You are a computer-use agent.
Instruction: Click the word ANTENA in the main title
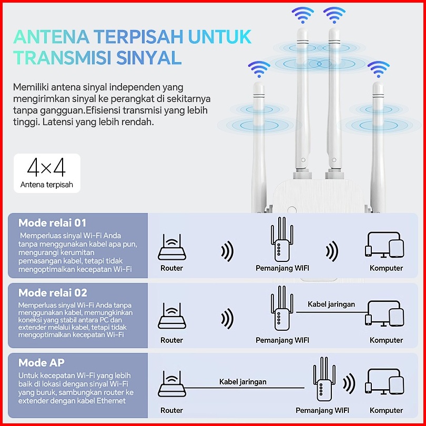[x=52, y=37]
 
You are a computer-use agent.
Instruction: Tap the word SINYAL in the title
[x=149, y=58]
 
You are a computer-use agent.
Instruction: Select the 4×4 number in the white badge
[x=46, y=167]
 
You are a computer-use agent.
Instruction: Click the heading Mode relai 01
[x=52, y=223]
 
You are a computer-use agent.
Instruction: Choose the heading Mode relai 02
[x=53, y=293]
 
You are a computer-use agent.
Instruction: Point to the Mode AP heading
[x=42, y=363]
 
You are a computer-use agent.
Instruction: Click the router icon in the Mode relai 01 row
[x=172, y=247]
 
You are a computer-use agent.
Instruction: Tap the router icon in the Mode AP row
[x=172, y=383]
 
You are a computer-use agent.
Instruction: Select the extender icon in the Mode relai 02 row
[x=282, y=308]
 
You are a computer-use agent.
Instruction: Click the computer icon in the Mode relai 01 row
[x=384, y=245]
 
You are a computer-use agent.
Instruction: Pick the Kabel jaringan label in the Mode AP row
[x=243, y=382]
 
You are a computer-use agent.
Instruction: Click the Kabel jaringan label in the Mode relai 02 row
[x=331, y=305]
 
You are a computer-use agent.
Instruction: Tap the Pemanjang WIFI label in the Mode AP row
[x=322, y=410]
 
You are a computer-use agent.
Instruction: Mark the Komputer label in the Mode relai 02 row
[x=387, y=340]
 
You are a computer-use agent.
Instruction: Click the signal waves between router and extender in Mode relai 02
[x=227, y=318]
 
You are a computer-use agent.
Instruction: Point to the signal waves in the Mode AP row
[x=349, y=383]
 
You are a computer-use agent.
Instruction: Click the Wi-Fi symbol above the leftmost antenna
[x=259, y=69]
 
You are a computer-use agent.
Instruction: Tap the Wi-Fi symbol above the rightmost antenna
[x=379, y=69]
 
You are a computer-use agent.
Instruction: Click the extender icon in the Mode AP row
[x=324, y=379]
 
